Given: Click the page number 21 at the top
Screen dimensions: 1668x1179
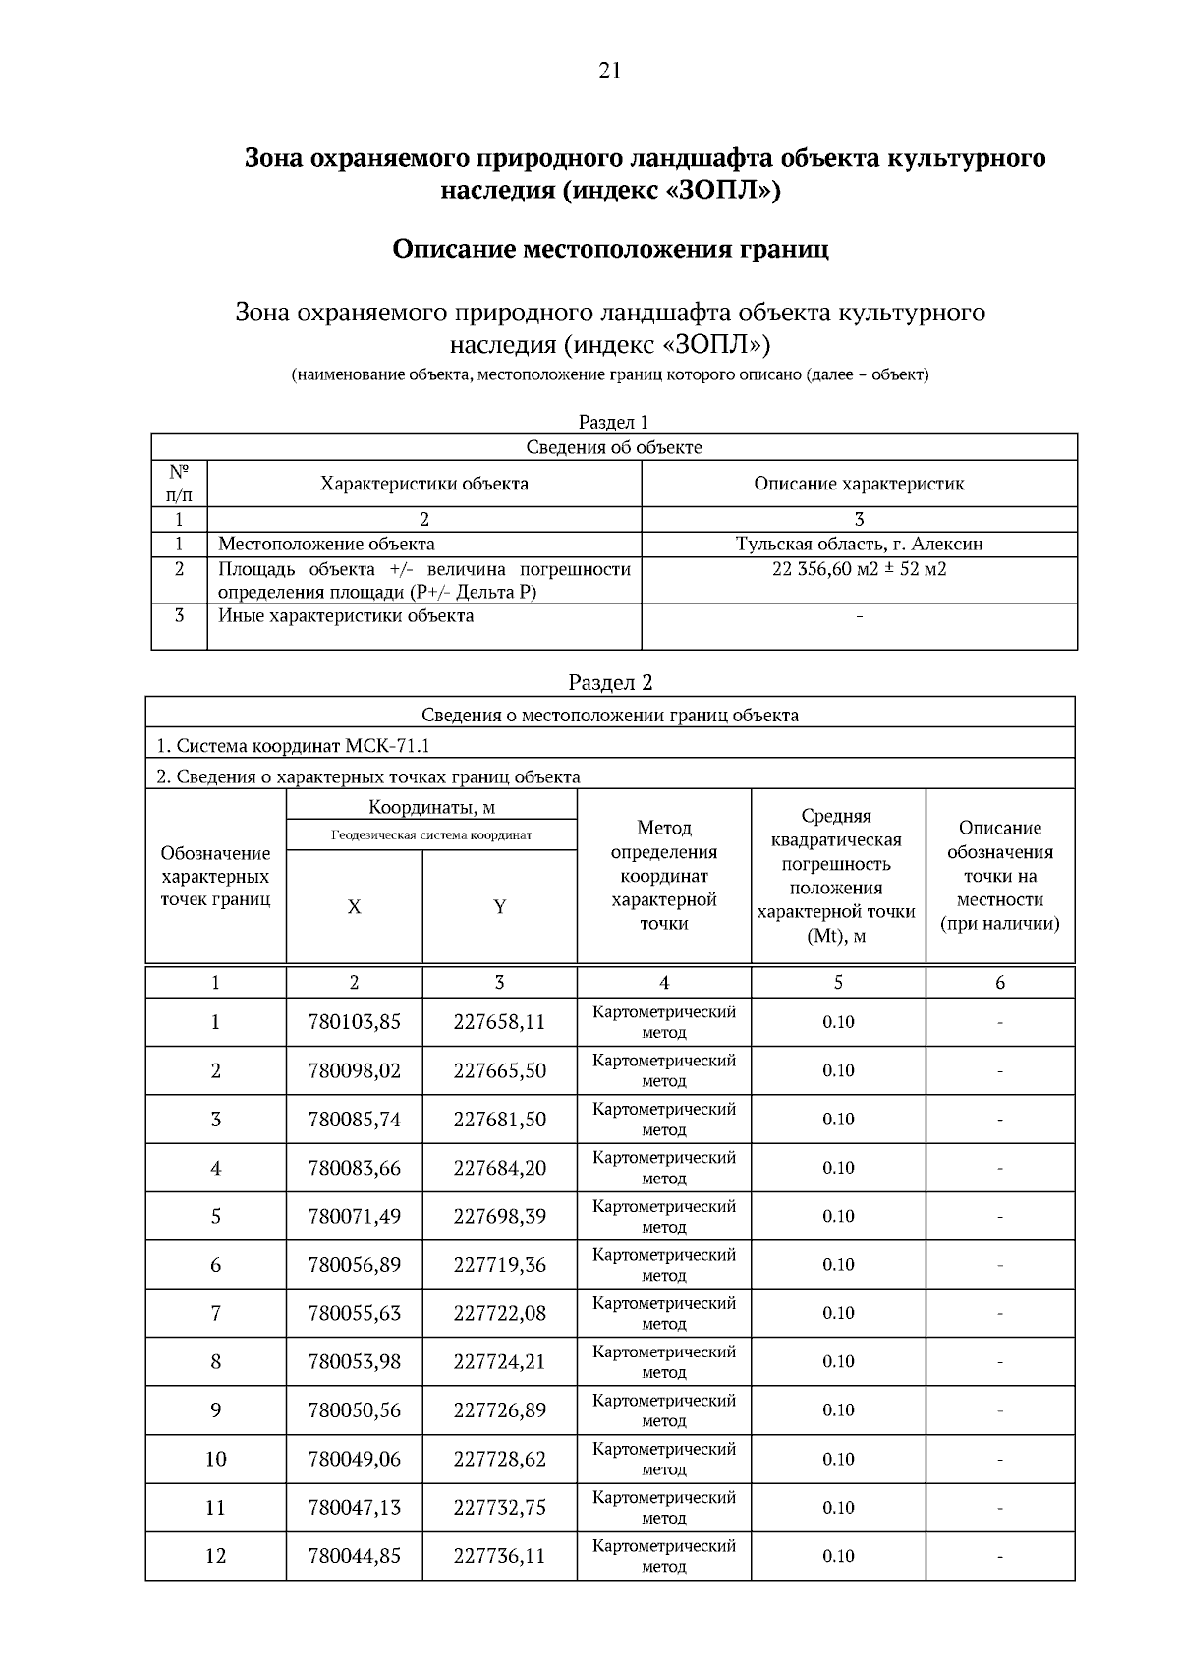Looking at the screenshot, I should point(609,70).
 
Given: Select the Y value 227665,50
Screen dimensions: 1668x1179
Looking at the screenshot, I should point(499,1070).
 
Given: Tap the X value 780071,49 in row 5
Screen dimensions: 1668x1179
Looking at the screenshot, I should point(354,1216).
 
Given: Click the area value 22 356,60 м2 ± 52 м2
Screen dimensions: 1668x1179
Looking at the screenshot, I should point(859,569).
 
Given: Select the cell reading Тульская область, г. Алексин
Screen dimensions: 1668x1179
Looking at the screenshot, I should point(859,544).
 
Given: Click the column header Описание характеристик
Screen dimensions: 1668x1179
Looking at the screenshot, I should point(859,484).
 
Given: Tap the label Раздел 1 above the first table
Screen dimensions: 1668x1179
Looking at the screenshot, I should point(613,422).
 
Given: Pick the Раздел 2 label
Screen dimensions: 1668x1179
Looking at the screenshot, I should point(610,683).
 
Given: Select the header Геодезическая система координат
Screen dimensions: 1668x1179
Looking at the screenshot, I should point(431,834).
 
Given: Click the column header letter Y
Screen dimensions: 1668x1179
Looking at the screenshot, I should point(499,906).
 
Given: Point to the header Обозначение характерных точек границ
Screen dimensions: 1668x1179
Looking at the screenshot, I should point(215,876).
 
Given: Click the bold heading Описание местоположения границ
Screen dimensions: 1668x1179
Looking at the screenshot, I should point(610,249).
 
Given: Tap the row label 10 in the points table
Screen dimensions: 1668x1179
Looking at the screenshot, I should point(215,1459).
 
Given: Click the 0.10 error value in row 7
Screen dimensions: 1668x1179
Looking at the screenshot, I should point(838,1313).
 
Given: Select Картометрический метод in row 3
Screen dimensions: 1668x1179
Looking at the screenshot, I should point(663,1119).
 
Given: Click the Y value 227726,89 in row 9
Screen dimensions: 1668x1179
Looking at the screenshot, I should point(499,1409).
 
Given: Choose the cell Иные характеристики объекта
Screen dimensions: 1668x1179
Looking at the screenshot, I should point(345,616).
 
